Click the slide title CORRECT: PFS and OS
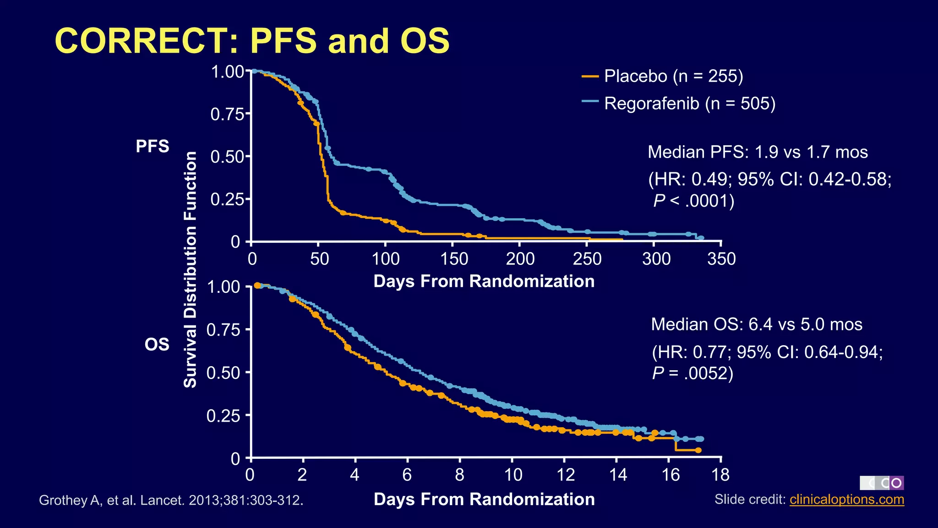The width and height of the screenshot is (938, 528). [252, 41]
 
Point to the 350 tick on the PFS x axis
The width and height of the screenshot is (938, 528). [721, 259]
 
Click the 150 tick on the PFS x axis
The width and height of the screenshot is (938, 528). [454, 259]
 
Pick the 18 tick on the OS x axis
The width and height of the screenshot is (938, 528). [721, 475]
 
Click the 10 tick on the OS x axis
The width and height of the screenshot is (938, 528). [513, 475]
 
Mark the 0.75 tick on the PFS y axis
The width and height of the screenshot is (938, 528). [228, 114]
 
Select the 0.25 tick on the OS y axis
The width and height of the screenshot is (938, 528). [224, 416]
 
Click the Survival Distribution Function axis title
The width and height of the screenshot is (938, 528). [191, 269]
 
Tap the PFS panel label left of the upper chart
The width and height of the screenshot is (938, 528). [153, 147]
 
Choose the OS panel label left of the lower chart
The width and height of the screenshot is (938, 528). [157, 344]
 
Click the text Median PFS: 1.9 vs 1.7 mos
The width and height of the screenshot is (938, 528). [758, 152]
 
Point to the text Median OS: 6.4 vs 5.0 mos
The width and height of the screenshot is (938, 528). [757, 324]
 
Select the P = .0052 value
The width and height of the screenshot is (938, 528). [693, 374]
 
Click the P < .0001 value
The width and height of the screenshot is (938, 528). [693, 201]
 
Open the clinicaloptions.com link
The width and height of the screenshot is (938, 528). [846, 499]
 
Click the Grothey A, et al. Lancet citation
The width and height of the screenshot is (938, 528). [171, 500]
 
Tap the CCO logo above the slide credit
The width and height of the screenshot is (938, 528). [881, 483]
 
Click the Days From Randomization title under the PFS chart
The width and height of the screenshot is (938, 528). [484, 281]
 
